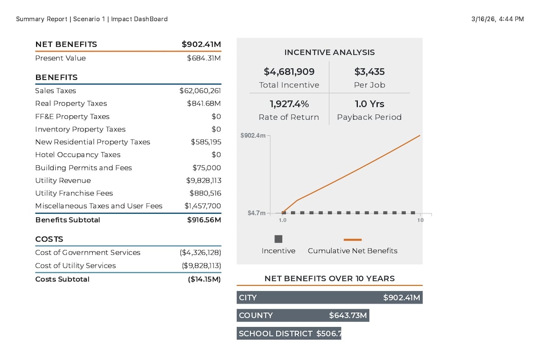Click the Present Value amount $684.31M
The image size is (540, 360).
tap(204, 58)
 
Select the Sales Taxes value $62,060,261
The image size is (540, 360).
tap(200, 90)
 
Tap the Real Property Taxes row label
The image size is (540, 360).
tap(71, 103)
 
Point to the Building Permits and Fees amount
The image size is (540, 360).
tap(207, 167)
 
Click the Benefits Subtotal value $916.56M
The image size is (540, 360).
tap(204, 220)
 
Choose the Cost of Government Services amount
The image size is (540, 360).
tap(200, 252)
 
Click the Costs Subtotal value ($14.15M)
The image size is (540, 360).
tap(204, 279)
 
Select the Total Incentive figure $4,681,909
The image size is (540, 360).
tap(289, 72)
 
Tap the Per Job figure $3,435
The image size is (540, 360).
tap(369, 72)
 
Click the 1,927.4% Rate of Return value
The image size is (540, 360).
tap(289, 104)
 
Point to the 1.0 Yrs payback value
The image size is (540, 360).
tap(369, 104)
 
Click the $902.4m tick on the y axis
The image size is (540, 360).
tap(253, 135)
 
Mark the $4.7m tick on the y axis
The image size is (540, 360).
tap(256, 213)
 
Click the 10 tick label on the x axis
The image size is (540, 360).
tap(420, 220)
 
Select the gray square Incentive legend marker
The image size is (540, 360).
tap(279, 239)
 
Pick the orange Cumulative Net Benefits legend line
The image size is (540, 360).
tap(352, 240)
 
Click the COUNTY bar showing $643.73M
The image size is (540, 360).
tap(303, 315)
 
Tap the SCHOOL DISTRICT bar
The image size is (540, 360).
tap(289, 333)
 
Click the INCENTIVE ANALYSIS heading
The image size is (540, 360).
tap(329, 52)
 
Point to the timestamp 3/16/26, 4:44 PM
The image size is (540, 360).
tap(498, 19)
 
